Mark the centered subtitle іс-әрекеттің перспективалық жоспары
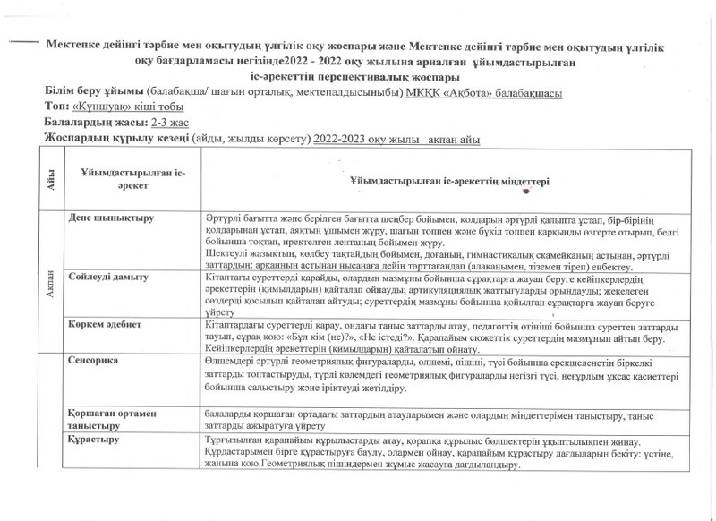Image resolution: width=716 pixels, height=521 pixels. click(x=357, y=77)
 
